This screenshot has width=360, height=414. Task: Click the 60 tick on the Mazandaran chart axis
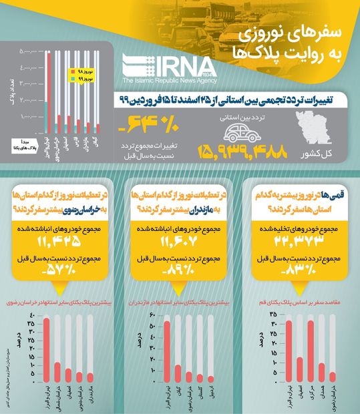click(x=152, y=314)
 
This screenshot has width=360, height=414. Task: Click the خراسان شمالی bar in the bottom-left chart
click(x=57, y=371)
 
